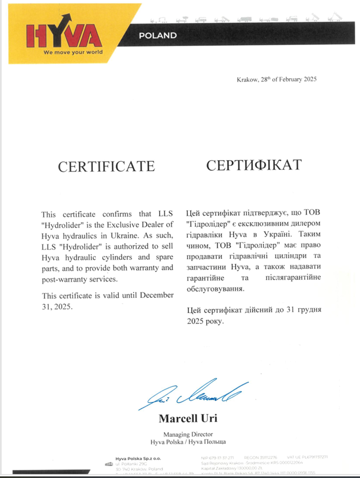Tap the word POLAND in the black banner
[x=157, y=36]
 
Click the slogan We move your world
[x=72, y=53]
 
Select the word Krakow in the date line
[x=247, y=80]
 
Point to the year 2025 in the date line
[x=310, y=80]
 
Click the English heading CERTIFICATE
[x=106, y=166]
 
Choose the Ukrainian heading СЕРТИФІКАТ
[x=253, y=164]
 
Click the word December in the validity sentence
[x=156, y=295]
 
